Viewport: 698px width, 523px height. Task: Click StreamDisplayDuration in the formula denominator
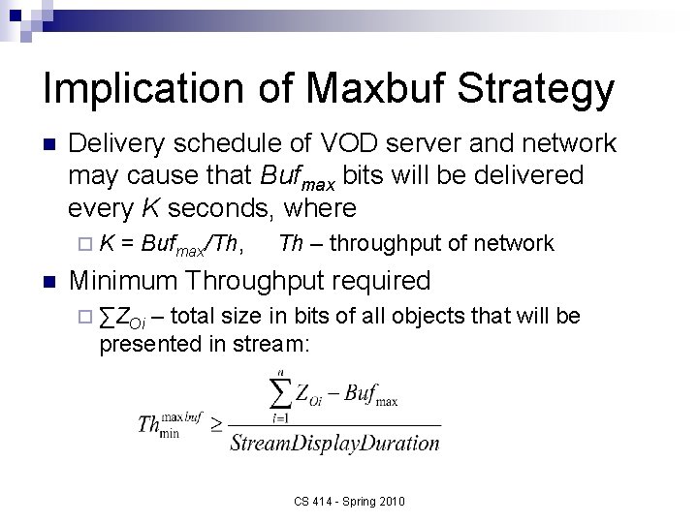pyautogui.click(x=335, y=444)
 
